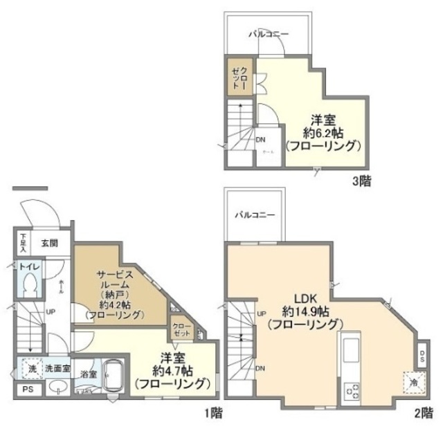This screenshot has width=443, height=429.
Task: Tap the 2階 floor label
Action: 423,413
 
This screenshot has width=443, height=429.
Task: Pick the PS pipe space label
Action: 27,389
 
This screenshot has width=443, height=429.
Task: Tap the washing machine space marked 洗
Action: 31,369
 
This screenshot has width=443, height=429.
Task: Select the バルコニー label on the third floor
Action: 269,34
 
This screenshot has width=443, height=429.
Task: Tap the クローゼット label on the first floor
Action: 181,329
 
